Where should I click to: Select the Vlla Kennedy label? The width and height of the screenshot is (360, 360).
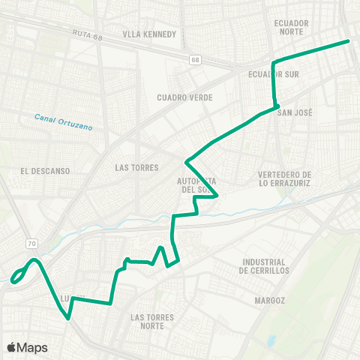pos(150,34)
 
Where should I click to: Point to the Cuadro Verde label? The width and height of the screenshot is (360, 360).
pos(185,97)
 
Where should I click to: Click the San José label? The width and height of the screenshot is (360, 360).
pos(295,112)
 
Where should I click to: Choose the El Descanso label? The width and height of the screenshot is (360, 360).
pos(46,171)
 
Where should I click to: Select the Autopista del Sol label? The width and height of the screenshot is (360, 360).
pos(197,185)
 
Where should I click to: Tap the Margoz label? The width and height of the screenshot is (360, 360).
pos(269,300)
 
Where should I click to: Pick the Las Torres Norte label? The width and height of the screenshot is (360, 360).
pos(152,322)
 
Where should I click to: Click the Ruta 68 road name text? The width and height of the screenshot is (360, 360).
pos(87,34)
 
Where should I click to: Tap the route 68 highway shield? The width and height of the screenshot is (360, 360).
pos(195,59)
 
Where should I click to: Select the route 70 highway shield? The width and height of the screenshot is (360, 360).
pos(31,244)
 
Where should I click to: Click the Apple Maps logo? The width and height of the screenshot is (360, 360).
pos(27,347)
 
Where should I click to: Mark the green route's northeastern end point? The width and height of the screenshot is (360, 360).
pos(349,41)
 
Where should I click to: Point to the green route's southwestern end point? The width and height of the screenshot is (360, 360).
pos(13,282)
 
